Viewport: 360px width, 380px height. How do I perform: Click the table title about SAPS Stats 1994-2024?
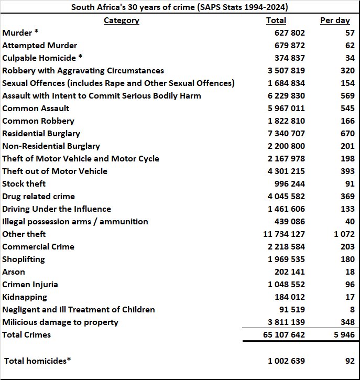click(x=180, y=7)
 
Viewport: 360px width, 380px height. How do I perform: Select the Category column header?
click(x=121, y=20)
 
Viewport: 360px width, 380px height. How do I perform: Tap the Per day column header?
click(x=334, y=20)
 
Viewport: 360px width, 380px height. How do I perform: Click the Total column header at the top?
click(x=276, y=20)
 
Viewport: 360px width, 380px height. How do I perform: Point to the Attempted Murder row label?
click(x=39, y=46)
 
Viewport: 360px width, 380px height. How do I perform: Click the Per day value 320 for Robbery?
click(x=347, y=71)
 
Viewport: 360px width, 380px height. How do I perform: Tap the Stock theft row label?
click(x=24, y=184)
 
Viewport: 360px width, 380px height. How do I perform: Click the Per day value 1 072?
click(x=343, y=234)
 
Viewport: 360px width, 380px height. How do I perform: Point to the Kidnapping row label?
click(x=24, y=297)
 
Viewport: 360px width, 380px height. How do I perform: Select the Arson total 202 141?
click(x=289, y=272)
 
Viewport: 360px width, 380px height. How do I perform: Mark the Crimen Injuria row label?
click(x=30, y=285)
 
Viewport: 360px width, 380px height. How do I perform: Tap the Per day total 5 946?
click(x=343, y=335)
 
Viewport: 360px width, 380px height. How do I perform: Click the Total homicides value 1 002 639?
click(x=286, y=361)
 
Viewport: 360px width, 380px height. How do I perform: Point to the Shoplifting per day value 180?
click(x=347, y=259)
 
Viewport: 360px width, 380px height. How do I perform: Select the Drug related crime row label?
click(x=38, y=197)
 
